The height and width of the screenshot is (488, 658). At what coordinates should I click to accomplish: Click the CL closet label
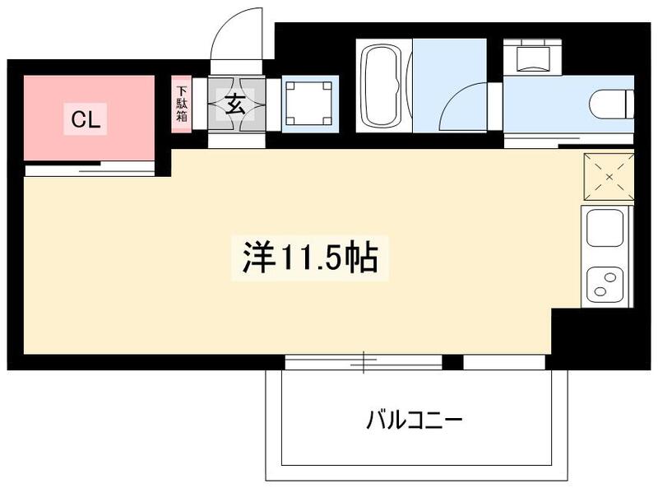pyautogui.click(x=86, y=120)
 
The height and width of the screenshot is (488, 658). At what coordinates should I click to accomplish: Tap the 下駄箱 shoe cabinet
pyautogui.click(x=181, y=104)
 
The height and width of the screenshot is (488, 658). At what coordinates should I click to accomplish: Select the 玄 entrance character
pyautogui.click(x=236, y=104)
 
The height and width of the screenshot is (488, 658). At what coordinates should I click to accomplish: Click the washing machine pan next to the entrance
pyautogui.click(x=310, y=104)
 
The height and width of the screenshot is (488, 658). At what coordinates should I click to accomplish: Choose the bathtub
pyautogui.click(x=384, y=86)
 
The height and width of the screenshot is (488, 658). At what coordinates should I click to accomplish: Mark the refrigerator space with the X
pyautogui.click(x=609, y=176)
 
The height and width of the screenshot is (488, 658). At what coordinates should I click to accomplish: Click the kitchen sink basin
pyautogui.click(x=605, y=227)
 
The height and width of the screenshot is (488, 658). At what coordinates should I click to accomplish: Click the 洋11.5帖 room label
pyautogui.click(x=309, y=258)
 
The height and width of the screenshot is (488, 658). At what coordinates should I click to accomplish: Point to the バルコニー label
pyautogui.click(x=415, y=421)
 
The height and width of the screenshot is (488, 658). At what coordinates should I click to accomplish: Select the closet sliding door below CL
pyautogui.click(x=89, y=169)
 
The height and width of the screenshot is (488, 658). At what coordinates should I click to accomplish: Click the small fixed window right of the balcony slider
pyautogui.click(x=504, y=361)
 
